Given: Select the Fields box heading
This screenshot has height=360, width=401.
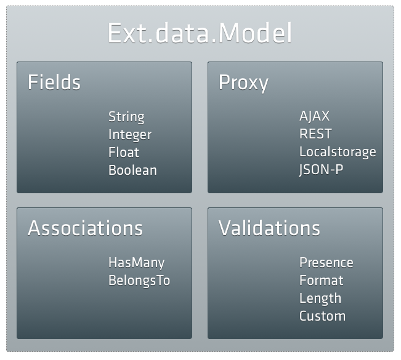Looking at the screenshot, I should tap(54, 82).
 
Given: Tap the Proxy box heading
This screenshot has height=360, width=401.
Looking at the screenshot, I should tap(243, 82).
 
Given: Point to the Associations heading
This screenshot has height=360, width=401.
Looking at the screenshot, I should tap(85, 228).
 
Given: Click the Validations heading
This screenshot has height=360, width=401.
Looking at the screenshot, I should tap(269, 228).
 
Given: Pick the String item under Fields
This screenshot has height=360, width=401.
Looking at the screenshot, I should tap(126, 117).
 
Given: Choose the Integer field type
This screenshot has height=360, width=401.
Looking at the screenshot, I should tap(129, 135).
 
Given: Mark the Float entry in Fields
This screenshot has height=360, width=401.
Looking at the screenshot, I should tap(124, 152).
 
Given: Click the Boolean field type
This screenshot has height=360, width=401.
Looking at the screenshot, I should tap(132, 170).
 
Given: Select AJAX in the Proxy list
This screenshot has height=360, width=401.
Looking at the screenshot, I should tap(314, 116).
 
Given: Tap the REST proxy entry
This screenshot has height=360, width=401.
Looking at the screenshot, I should tap(315, 134).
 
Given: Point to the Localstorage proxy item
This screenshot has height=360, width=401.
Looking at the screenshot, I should tap(338, 152).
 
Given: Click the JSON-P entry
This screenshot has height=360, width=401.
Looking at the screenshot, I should tap(321, 170).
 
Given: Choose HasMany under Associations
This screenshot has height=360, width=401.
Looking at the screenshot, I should tap(136, 263).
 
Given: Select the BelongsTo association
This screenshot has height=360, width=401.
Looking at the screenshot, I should tap(139, 281).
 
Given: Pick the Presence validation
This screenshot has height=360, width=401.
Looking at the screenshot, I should tap(326, 263).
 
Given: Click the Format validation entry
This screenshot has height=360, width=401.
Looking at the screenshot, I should tap(321, 281).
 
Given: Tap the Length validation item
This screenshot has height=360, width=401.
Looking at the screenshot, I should tap(320, 298).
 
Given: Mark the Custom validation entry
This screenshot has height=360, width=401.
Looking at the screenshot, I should tap(322, 316).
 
